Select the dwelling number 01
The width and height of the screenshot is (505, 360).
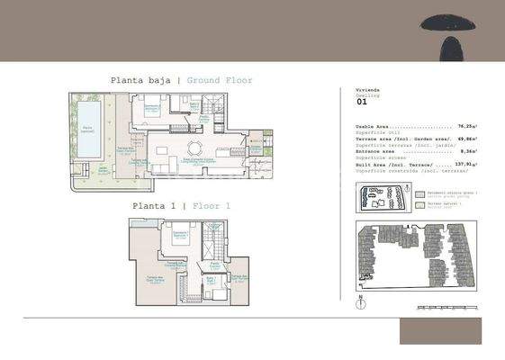[362, 103]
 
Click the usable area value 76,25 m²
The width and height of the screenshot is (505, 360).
[466, 127]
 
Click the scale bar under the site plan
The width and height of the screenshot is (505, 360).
[441, 308]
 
